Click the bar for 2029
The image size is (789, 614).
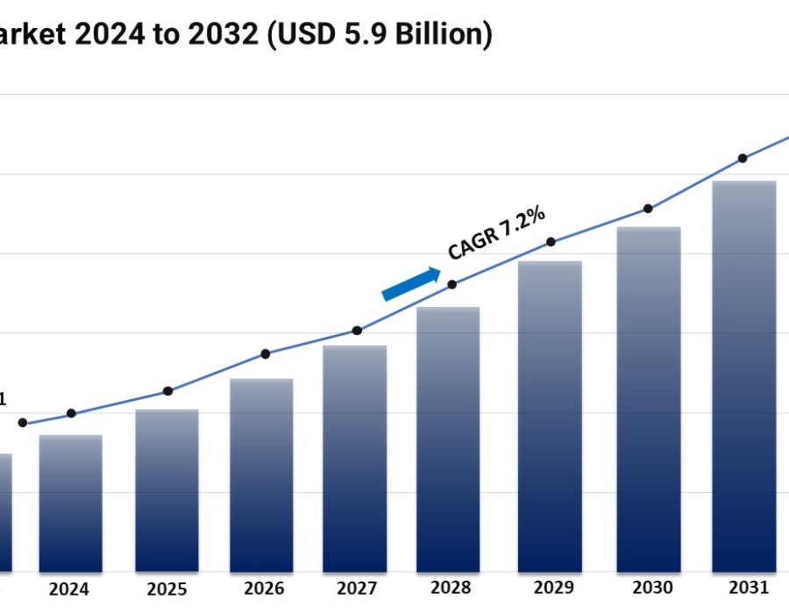pos(550,417)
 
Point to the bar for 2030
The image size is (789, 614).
pos(649,400)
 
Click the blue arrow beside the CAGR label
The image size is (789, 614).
pos(411,284)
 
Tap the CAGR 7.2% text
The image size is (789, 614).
pos(497,232)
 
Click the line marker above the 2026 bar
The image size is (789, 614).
pos(265,353)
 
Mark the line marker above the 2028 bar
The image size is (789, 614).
pos(452,284)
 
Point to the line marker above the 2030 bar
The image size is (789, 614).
pos(648,209)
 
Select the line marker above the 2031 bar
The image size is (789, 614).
pos(743,158)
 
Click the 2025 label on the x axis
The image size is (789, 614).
pos(167,589)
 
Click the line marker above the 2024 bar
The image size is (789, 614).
pos(71,413)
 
